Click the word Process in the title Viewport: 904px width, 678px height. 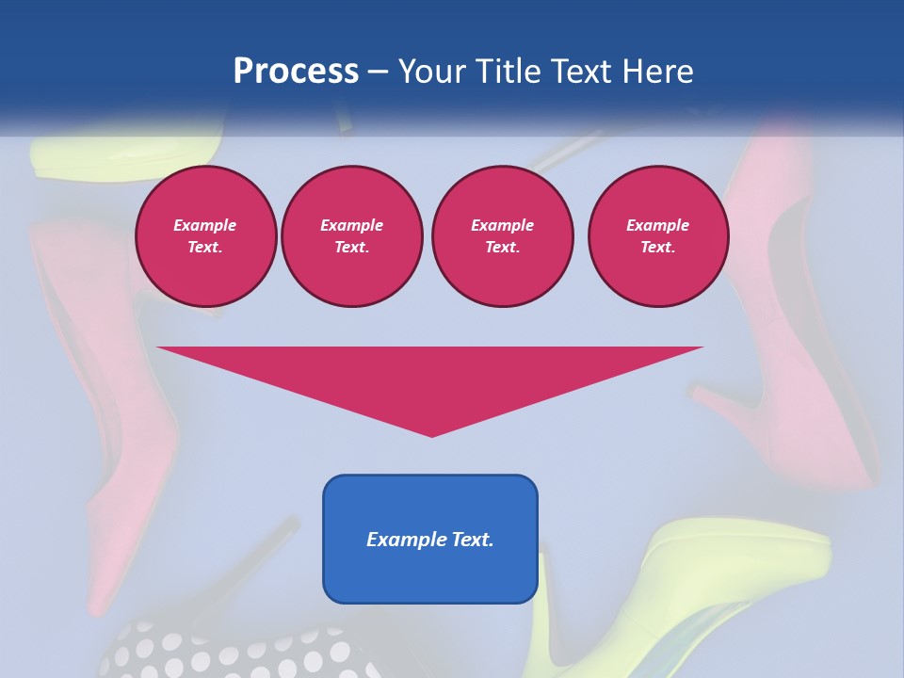point(296,72)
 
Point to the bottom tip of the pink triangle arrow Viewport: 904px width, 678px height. point(432,434)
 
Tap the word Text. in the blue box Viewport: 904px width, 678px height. point(471,540)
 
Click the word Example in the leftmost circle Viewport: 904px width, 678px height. point(205,225)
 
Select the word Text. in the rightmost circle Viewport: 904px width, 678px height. point(657,247)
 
